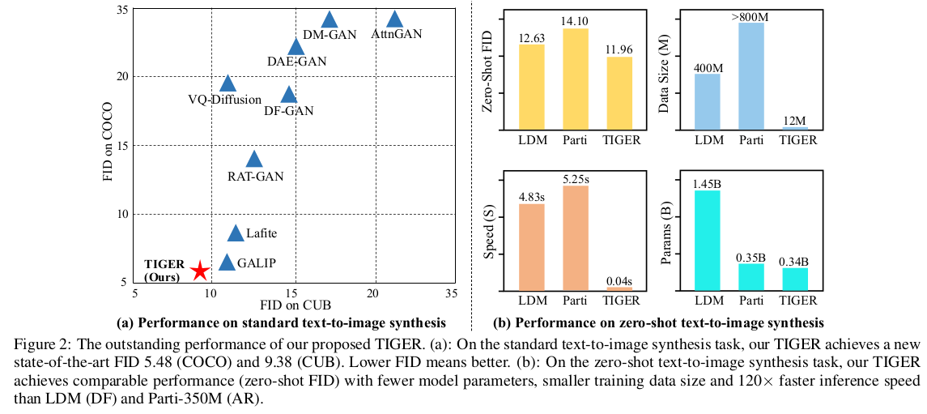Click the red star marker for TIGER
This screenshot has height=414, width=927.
(x=199, y=271)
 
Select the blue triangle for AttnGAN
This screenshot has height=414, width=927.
(x=394, y=19)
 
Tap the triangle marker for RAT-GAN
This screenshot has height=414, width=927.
(x=254, y=159)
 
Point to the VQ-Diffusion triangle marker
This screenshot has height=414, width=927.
(x=228, y=83)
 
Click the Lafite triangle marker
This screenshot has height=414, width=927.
(x=236, y=233)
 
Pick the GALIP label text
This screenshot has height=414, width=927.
(x=257, y=262)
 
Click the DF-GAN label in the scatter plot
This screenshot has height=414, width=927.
(x=288, y=110)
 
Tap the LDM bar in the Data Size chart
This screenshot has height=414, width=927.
(x=708, y=101)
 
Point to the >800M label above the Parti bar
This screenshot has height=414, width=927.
(x=751, y=16)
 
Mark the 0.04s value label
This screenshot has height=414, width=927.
(x=619, y=281)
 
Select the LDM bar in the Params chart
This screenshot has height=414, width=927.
(x=708, y=240)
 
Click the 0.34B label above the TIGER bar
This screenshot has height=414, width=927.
(x=795, y=262)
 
